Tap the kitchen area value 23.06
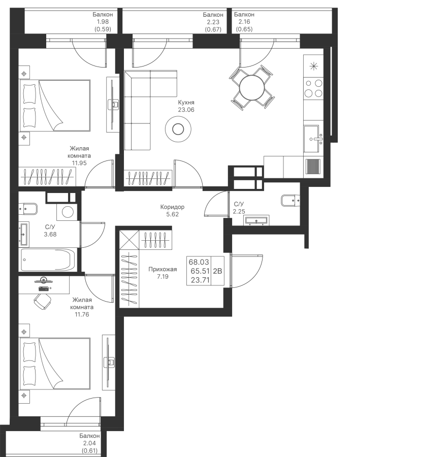pyautogui.click(x=186, y=110)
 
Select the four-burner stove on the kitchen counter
pyautogui.click(x=313, y=88)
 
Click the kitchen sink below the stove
pyautogui.click(x=313, y=139)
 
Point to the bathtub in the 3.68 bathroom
pyautogui.click(x=48, y=259)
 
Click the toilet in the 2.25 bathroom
pyautogui.click(x=290, y=201)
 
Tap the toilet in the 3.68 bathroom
pyautogui.click(x=28, y=209)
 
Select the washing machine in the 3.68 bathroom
pyautogui.click(x=67, y=212)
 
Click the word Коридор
pyautogui.click(x=172, y=207)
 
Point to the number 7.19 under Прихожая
pyautogui.click(x=163, y=277)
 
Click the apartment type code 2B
pyautogui.click(x=218, y=271)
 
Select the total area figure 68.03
pyautogui.click(x=199, y=262)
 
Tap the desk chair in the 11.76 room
pyautogui.click(x=42, y=301)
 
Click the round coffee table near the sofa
pyautogui.click(x=178, y=129)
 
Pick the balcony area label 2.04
pyautogui.click(x=89, y=443)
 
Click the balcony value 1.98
pyautogui.click(x=103, y=22)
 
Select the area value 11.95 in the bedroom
pyautogui.click(x=79, y=163)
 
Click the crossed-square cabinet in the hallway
pyautogui.click(x=129, y=240)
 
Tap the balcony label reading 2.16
pyautogui.click(x=244, y=21)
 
